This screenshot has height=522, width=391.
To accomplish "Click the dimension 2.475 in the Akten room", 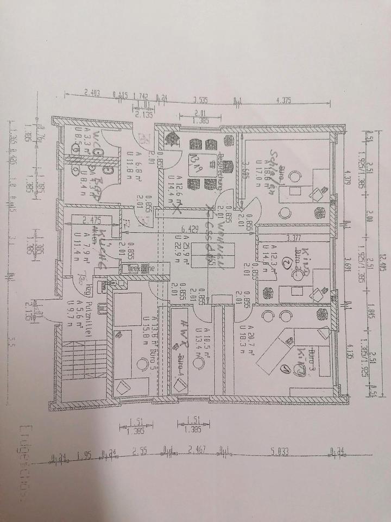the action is (x=91, y=220).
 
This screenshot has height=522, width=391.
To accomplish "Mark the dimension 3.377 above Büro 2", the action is (x=293, y=237).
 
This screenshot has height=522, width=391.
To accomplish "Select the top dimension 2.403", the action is (x=93, y=94).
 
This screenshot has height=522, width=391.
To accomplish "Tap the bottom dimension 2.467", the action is (x=198, y=450).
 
